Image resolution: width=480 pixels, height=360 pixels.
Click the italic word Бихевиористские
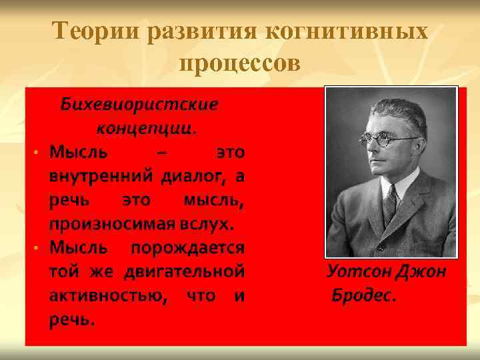[139, 105]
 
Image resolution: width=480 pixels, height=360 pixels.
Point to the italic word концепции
[146, 126]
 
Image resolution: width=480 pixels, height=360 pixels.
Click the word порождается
[188, 247]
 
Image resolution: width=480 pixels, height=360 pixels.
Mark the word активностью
[107, 295]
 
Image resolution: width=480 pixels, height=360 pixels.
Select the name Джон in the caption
[422, 272]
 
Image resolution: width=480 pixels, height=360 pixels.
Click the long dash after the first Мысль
[161, 152]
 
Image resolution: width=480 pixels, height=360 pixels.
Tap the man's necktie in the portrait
[389, 200]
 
